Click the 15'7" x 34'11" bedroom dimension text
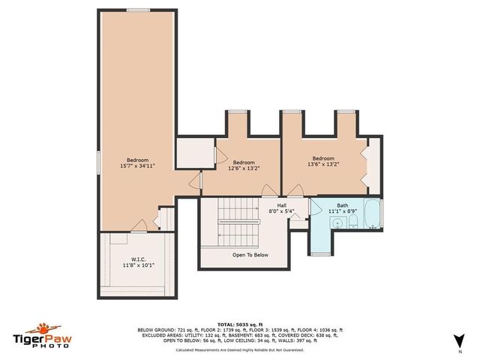point(137,165)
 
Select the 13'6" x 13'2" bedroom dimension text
point(323,164)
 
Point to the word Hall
point(281,205)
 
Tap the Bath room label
point(342,205)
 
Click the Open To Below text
point(250,255)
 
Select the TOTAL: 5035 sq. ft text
point(239,323)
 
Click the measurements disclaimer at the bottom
point(239,349)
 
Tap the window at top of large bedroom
point(137,10)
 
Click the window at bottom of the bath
point(320,253)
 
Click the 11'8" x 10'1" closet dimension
point(137,265)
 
